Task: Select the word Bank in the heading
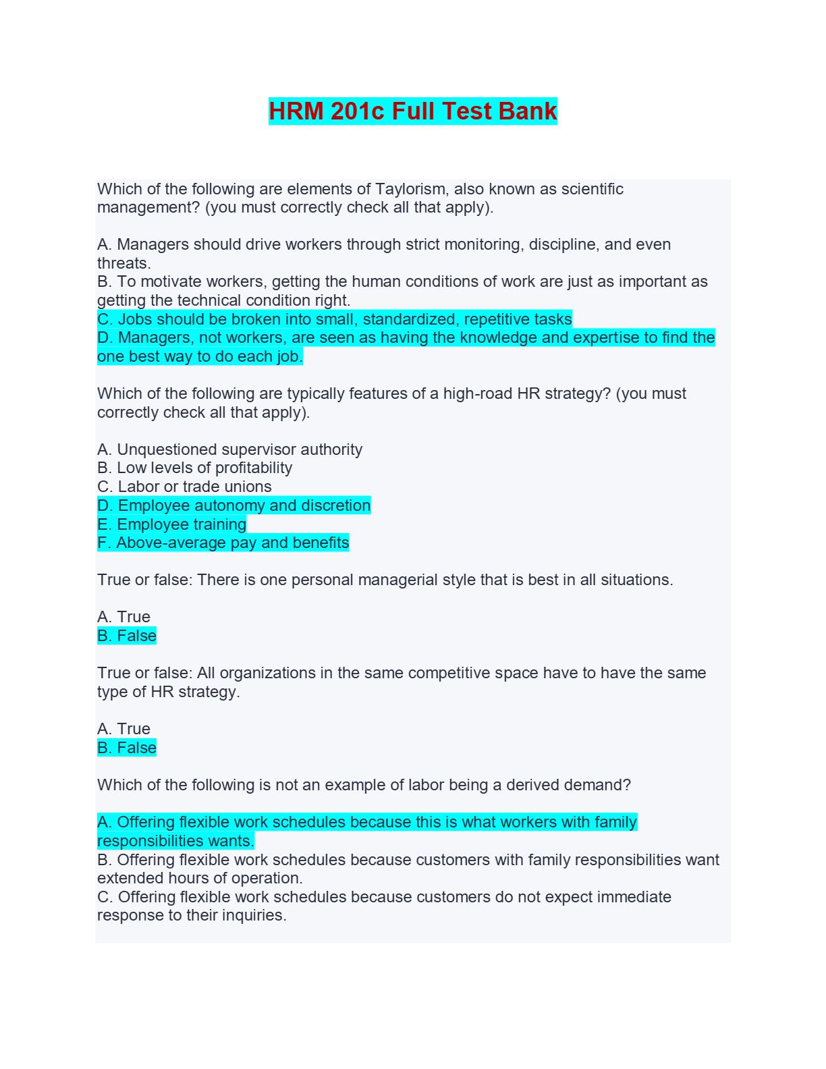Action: [x=528, y=111]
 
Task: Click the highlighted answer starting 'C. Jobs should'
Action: [x=335, y=319]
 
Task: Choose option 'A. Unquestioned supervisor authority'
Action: [x=229, y=449]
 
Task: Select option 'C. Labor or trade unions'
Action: [x=184, y=487]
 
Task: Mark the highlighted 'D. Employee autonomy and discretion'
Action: [x=233, y=505]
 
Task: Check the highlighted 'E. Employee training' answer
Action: [x=172, y=524]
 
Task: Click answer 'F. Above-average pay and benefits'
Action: [x=223, y=543]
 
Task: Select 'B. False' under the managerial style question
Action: [x=127, y=636]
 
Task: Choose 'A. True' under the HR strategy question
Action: [x=123, y=729]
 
